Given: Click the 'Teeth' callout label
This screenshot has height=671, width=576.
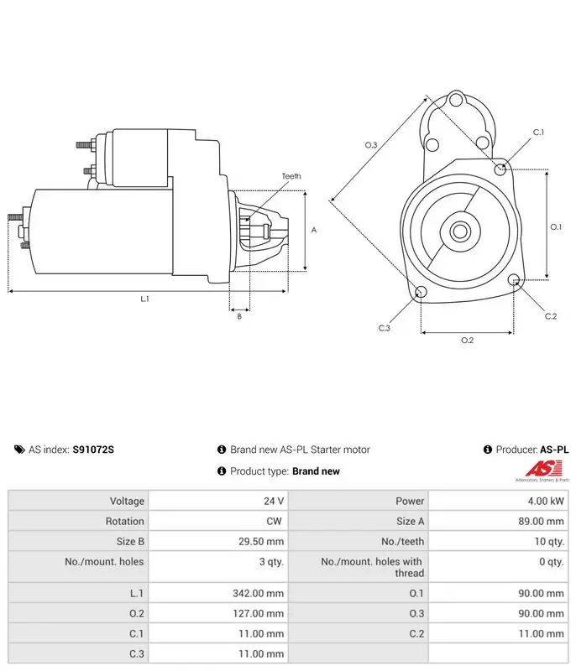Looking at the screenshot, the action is coord(291,176).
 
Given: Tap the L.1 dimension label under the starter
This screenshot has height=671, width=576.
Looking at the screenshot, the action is coord(144,299).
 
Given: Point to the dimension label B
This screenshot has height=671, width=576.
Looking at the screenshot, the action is coord(239,316).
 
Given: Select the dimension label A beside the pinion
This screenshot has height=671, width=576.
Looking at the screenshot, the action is coord(314,230).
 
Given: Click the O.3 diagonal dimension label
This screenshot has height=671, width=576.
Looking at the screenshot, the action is coord(371,145).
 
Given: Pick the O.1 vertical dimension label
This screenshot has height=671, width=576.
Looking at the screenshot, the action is coord(556,226).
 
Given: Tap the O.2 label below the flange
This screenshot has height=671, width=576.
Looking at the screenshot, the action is coord(467,341).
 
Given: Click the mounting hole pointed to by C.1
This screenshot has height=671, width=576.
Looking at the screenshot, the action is coord(500,169).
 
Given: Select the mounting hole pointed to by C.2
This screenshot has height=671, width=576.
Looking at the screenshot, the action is coord(514,280).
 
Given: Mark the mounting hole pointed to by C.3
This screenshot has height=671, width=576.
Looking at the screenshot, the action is coord(421,292).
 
